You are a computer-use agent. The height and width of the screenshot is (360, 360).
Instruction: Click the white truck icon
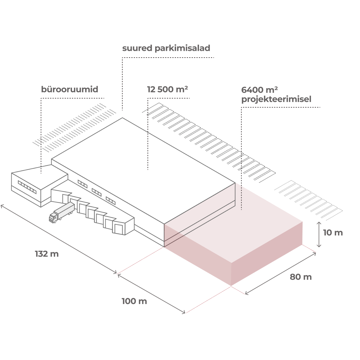click(62, 212)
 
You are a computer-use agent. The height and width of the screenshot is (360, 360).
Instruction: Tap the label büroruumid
click(69, 89)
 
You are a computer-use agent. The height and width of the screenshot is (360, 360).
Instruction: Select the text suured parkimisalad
click(166, 48)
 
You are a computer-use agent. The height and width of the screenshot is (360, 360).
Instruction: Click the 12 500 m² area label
click(167, 89)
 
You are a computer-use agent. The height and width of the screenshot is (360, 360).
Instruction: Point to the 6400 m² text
click(259, 90)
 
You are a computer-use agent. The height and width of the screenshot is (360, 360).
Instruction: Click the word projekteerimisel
click(276, 99)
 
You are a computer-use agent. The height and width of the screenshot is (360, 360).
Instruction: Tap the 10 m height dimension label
click(333, 233)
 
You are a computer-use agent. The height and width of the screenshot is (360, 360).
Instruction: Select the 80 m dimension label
click(301, 277)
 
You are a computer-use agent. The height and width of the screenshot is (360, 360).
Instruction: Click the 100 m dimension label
click(134, 301)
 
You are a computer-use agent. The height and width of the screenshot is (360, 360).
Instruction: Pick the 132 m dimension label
click(47, 254)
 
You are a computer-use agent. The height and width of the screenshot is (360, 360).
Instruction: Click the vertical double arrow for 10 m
click(319, 234)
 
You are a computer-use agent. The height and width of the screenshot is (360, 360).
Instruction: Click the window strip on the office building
click(27, 187)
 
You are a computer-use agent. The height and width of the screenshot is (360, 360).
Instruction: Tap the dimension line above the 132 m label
click(58, 239)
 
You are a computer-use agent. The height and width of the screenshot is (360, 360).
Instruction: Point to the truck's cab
click(53, 217)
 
